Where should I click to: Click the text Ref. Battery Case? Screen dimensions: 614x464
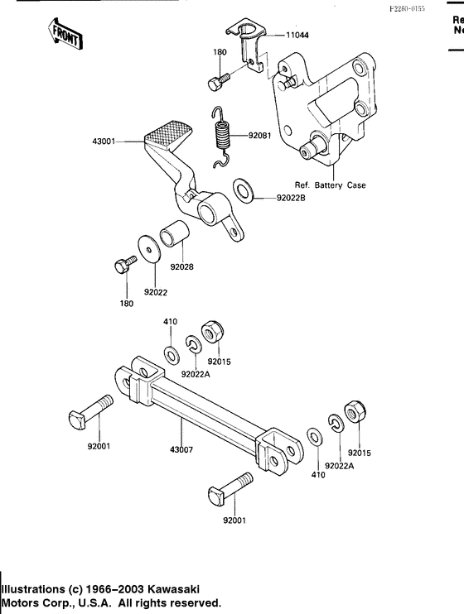tap(331, 185)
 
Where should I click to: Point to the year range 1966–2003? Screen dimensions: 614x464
tap(110, 589)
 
